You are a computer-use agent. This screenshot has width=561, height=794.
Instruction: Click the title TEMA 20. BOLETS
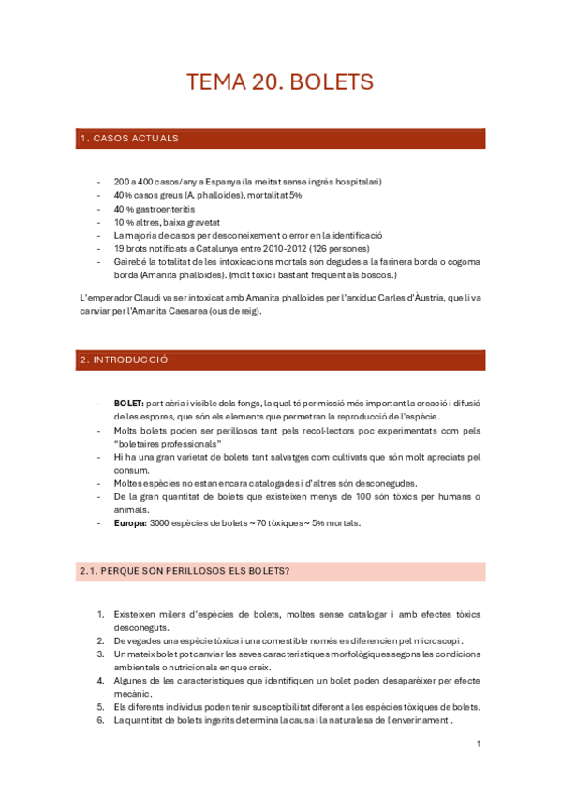tap(280, 82)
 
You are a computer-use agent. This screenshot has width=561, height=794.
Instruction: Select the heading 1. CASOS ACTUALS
tap(129, 139)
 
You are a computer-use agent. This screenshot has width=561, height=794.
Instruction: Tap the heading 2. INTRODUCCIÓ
tap(125, 360)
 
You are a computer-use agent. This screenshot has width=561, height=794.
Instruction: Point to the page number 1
tap(478, 744)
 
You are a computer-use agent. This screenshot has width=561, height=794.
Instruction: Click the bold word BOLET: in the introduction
tap(129, 404)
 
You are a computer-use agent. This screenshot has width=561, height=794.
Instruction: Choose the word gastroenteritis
tap(161, 208)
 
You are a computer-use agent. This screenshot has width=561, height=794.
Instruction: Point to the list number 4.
tap(100, 680)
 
